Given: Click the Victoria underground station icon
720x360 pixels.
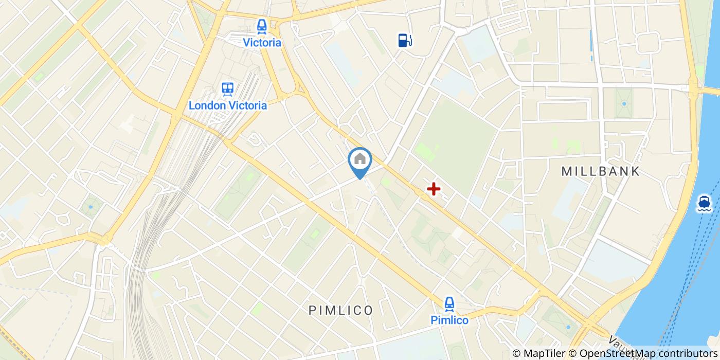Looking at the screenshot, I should tap(262, 26).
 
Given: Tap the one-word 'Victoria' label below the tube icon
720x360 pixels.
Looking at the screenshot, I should tap(262, 43).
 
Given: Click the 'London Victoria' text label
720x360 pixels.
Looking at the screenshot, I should tap(228, 105).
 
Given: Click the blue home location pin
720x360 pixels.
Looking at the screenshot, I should tap(360, 160).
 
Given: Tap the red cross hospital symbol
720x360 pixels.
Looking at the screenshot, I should tap(434, 189).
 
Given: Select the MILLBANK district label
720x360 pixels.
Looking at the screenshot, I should tap(601, 171).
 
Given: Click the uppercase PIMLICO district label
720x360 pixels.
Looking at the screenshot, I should tap(341, 310).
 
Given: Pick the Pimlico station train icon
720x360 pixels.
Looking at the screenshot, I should tap(449, 304).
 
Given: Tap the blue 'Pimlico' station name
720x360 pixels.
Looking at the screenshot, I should tap(449, 320).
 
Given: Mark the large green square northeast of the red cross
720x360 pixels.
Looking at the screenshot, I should tap(455, 144).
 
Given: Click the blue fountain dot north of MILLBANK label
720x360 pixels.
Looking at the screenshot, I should tap(624, 103).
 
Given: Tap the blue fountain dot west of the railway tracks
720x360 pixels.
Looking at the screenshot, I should tap(91, 207).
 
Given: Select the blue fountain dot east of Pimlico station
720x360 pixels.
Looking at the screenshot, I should tap(568, 327).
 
